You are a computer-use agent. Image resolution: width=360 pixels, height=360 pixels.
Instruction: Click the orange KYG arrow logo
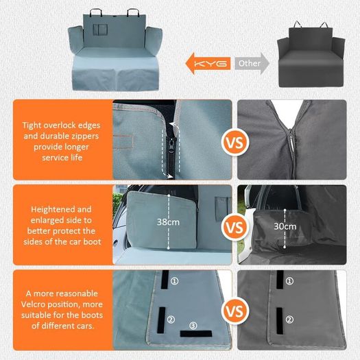click(208, 63)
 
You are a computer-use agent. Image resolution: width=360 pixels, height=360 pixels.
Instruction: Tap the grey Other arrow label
click(252, 63)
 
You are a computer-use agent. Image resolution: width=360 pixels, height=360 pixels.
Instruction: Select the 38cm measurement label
click(168, 222)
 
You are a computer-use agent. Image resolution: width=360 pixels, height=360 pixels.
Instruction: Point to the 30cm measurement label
click(285, 226)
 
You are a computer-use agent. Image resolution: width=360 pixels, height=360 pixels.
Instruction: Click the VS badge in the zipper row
click(235, 143)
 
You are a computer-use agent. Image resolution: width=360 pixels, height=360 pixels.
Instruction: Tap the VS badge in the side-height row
click(235, 227)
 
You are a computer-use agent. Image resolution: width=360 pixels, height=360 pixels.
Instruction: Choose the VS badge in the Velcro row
click(235, 311)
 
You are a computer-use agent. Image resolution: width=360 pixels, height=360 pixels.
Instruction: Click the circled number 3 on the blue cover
click(193, 325)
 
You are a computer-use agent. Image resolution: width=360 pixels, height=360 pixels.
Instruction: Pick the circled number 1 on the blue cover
click(175, 280)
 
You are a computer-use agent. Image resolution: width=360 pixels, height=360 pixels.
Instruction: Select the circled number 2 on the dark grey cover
click(289, 320)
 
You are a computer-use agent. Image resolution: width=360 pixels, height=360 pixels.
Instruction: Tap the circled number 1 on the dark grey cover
click(289, 280)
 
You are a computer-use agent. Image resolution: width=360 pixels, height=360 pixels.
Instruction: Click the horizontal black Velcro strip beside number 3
click(196, 334)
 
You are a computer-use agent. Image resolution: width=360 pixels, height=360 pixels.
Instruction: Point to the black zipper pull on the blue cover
click(171, 144)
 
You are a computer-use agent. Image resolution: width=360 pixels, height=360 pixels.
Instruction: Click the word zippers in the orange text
click(85, 136)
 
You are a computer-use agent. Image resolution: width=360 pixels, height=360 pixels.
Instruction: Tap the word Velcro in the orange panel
click(32, 304)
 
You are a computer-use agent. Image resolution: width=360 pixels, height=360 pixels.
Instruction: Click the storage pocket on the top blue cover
click(100, 29)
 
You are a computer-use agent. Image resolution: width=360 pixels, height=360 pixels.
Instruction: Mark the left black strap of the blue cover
click(96, 12)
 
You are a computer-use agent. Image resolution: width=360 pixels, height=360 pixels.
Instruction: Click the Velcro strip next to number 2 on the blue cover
click(161, 320)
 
